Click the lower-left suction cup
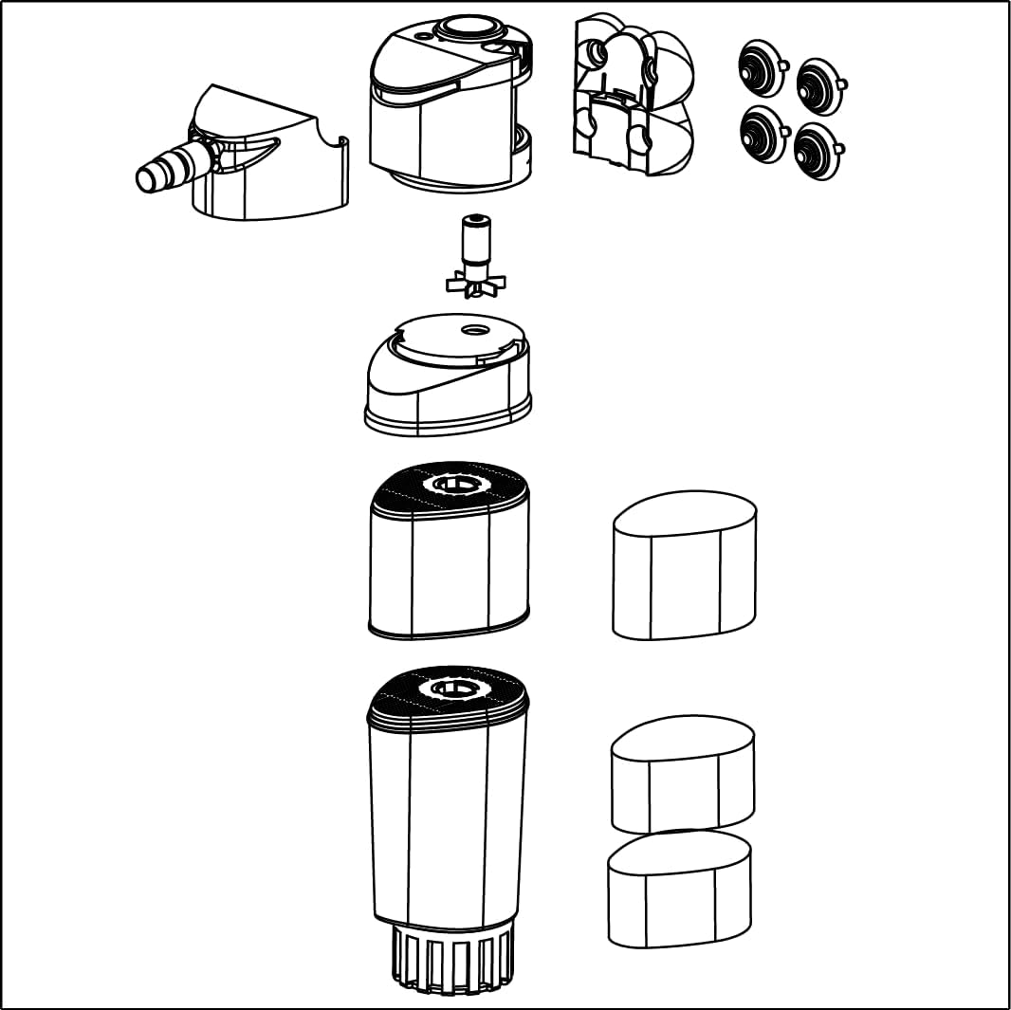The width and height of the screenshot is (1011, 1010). [x=763, y=134]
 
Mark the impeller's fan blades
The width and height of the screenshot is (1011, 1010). [x=474, y=282]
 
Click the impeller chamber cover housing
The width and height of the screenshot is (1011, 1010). [x=446, y=389]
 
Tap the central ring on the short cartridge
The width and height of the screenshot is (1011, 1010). [x=456, y=486]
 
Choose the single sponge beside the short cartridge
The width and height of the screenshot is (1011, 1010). [x=685, y=569]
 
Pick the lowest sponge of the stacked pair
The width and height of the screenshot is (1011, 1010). [x=679, y=891]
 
